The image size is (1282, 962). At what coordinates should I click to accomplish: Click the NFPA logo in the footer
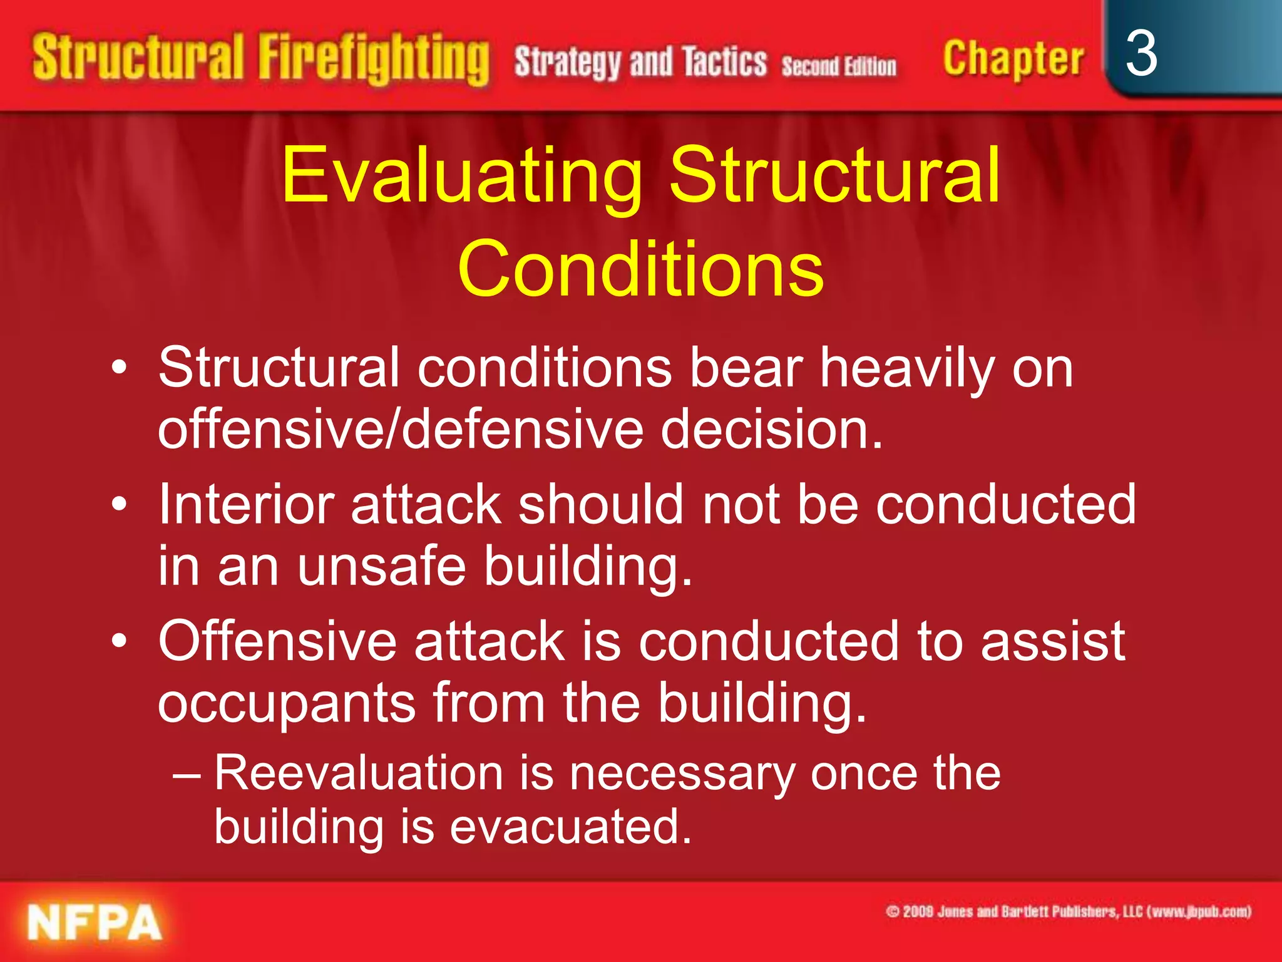(x=94, y=923)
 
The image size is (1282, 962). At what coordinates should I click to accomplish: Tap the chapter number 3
(x=1141, y=55)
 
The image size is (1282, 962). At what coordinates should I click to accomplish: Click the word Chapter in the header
(x=1013, y=59)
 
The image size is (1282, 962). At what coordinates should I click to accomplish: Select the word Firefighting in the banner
(x=374, y=59)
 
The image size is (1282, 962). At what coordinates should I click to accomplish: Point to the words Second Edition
(x=838, y=66)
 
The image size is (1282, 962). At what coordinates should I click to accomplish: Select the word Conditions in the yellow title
(x=640, y=269)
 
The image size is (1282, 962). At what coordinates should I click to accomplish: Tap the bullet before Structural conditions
(x=120, y=368)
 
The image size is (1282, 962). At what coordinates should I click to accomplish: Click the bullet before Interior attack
(x=120, y=505)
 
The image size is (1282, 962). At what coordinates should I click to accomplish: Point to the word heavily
(x=906, y=370)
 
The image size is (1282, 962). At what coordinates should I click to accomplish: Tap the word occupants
(x=287, y=703)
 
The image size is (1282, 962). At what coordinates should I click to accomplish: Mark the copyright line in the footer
(x=1068, y=912)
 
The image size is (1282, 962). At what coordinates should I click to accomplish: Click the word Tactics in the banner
(x=724, y=63)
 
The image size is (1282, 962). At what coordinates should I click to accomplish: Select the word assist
(x=1053, y=641)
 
